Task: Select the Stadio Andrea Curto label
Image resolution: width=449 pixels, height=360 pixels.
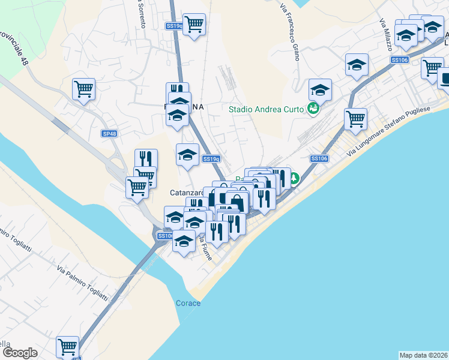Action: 267,109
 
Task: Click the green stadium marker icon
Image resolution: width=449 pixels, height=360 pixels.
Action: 312,109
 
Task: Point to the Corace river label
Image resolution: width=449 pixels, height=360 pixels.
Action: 188,303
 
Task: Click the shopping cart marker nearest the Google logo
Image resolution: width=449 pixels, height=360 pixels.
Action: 68,346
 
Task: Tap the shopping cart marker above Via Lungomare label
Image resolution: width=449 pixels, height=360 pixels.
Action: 356,118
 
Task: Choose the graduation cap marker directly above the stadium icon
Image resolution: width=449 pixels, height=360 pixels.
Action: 320,90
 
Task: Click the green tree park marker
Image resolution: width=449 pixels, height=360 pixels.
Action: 294,178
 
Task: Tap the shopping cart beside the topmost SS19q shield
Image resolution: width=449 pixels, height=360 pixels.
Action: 194,25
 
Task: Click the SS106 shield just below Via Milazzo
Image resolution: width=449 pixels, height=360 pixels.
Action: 399,59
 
